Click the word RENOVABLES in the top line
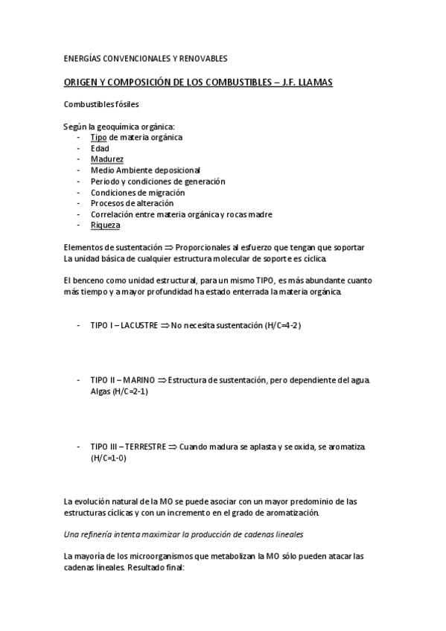pyautogui.click(x=202, y=58)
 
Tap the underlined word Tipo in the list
pyautogui.click(x=98, y=138)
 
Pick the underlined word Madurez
pyautogui.click(x=106, y=159)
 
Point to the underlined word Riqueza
pyautogui.click(x=105, y=225)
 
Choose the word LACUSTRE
pyautogui.click(x=140, y=326)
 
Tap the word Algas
pyautogui.click(x=101, y=391)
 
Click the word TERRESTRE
pyautogui.click(x=144, y=446)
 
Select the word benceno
pyautogui.click(x=89, y=280)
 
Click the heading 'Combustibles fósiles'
pyautogui.click(x=101, y=104)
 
